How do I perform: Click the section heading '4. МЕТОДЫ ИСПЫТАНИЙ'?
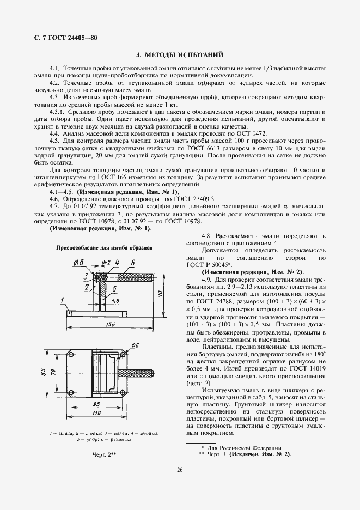click(x=180, y=55)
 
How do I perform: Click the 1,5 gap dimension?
click(x=115, y=301)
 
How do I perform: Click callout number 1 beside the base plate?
click(x=64, y=300)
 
